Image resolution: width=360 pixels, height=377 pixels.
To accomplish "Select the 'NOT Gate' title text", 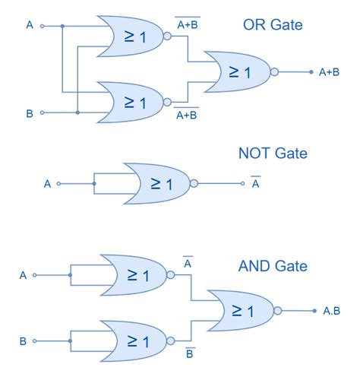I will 272,154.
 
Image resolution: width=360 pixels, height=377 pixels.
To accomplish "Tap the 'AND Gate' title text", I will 272,266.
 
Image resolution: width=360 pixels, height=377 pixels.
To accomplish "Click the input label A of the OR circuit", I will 30,25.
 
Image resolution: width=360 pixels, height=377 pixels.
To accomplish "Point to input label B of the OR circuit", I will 30,113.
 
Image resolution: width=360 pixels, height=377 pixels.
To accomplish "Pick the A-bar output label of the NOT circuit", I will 256,182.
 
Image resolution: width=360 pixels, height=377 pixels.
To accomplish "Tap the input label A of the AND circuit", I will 23,274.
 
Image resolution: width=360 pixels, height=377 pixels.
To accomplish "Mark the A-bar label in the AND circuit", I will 187,263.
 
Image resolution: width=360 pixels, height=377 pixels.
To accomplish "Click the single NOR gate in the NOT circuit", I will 156,183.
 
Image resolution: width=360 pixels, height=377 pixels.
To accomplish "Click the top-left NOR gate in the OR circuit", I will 131,35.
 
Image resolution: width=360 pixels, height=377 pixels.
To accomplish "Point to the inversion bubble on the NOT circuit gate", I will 194,183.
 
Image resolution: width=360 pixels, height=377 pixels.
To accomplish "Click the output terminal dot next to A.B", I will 312,310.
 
